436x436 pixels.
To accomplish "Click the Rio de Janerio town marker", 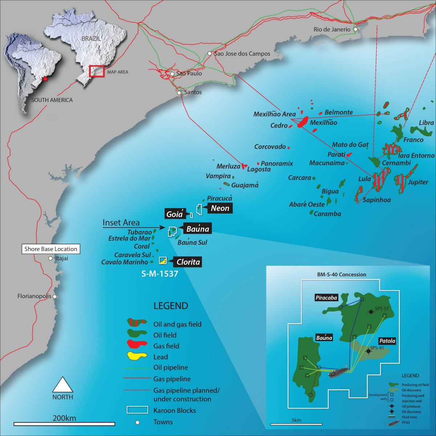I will click(355, 29).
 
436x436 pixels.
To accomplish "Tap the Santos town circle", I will click(179, 93).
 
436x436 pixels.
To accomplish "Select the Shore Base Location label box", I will click(51, 249).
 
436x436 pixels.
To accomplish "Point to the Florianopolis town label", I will click(35, 296).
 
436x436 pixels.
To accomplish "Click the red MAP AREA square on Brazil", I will click(97, 71).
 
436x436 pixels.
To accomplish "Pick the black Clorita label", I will click(188, 262).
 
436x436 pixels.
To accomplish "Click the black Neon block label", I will click(220, 208).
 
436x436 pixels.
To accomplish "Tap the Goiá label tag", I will click(174, 214).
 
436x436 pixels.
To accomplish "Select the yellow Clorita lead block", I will click(163, 261).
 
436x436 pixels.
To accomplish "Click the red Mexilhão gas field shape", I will click(302, 122).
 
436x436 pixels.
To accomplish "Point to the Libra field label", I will click(426, 123).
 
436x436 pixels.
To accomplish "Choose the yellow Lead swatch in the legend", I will click(137, 356).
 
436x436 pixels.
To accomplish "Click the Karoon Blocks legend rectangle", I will click(137, 410).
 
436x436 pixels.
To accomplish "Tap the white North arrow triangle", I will click(63, 384).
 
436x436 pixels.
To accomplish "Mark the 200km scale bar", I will click(64, 424).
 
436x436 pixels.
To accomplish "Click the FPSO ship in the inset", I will click(339, 373).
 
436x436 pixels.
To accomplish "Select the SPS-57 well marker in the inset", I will click(371, 312).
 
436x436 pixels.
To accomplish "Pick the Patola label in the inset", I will click(387, 341).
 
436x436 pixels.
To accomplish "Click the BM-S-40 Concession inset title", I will click(342, 275).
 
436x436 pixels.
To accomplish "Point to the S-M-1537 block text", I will click(160, 274).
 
